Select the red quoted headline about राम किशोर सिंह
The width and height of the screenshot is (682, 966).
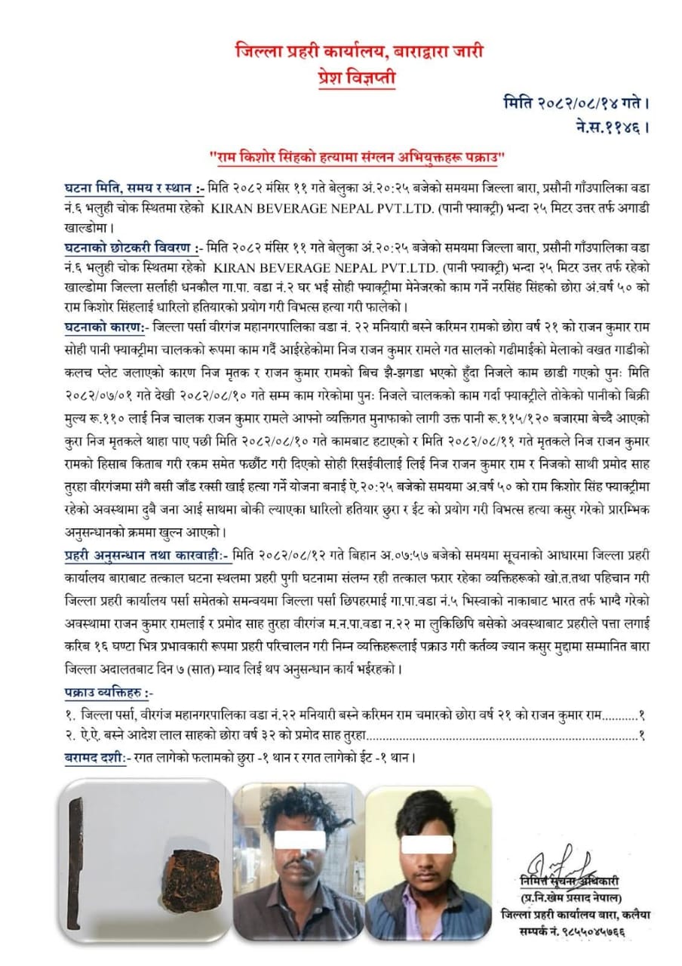pyautogui.click(x=357, y=158)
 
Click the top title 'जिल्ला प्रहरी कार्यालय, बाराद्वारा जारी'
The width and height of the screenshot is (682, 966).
pyautogui.click(x=358, y=52)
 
